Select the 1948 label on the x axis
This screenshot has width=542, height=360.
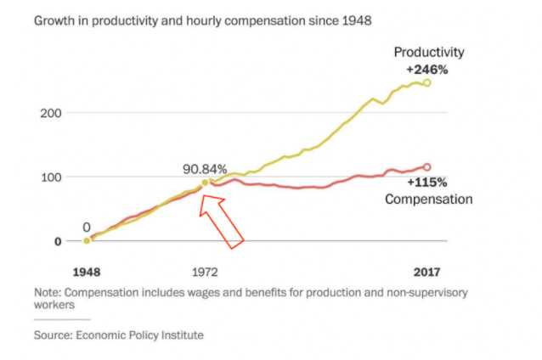pyautogui.click(x=87, y=273)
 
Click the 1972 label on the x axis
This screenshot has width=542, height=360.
pyautogui.click(x=205, y=273)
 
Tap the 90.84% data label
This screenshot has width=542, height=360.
pyautogui.click(x=205, y=168)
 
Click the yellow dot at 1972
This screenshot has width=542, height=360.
pyautogui.click(x=205, y=183)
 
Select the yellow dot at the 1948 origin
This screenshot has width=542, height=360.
pyautogui.click(x=87, y=241)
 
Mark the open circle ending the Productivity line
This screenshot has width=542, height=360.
pyautogui.click(x=426, y=82)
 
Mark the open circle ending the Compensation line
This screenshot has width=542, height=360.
pyautogui.click(x=426, y=167)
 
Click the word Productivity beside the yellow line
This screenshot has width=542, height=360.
pyautogui.click(x=429, y=53)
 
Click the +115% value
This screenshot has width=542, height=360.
pyautogui.click(x=426, y=183)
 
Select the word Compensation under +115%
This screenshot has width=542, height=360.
pyautogui.click(x=428, y=200)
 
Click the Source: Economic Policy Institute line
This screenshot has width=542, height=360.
pyautogui.click(x=118, y=335)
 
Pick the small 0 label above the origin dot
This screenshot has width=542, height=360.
pyautogui.click(x=87, y=227)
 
